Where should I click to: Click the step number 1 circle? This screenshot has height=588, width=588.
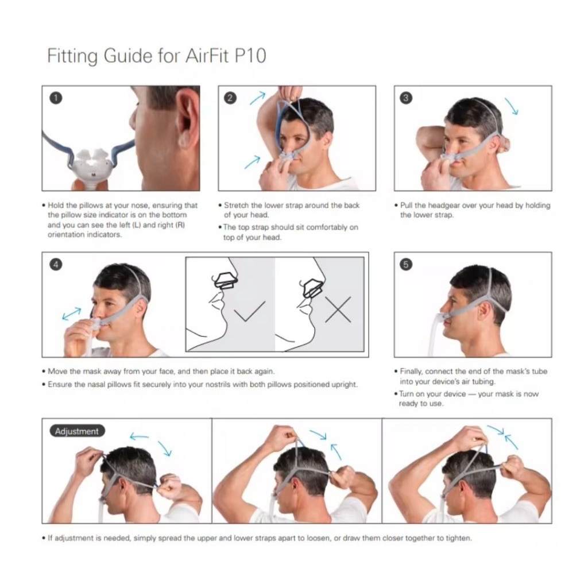(56, 98)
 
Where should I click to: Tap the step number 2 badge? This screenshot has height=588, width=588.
(230, 98)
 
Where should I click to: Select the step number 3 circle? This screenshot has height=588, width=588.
(406, 98)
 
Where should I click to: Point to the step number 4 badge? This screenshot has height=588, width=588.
(56, 264)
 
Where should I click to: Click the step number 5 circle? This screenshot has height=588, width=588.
(406, 264)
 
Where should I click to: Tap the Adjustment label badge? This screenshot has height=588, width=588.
(78, 431)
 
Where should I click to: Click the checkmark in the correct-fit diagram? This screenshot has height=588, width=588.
(249, 311)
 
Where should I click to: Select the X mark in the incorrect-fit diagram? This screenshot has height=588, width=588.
(338, 310)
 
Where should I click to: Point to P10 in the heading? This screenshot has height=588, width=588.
(250, 56)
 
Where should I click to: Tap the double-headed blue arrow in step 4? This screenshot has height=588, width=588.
(72, 314)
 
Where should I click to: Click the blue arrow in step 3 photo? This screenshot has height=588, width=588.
(512, 106)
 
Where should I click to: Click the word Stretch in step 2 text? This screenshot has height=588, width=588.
(236, 205)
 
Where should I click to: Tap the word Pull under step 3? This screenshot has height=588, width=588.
(407, 205)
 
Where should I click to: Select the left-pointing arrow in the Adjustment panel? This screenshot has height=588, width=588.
(139, 436)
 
